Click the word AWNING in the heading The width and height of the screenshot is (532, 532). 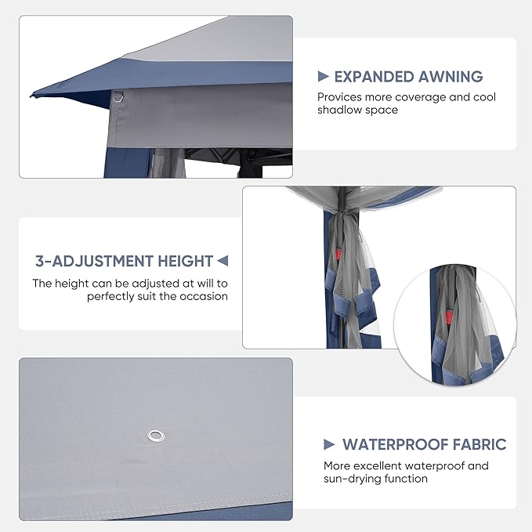click(x=451, y=77)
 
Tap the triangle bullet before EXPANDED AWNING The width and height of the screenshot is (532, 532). click(x=324, y=76)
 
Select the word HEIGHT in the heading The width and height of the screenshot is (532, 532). click(x=185, y=261)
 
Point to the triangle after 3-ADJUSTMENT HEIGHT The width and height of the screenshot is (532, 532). click(x=223, y=261)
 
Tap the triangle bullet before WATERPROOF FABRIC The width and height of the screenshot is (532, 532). click(x=329, y=444)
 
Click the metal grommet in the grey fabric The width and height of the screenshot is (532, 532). click(x=156, y=436)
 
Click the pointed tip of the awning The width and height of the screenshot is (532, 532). click(x=31, y=96)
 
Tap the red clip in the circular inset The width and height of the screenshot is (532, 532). click(x=449, y=318)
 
